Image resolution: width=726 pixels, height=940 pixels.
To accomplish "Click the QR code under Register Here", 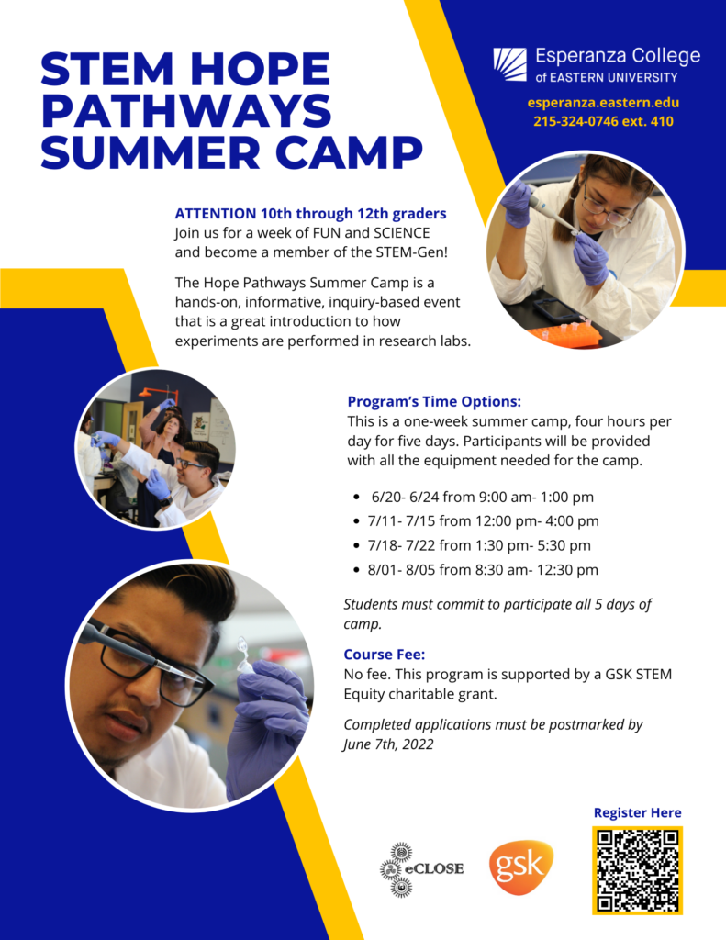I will pos(637,869).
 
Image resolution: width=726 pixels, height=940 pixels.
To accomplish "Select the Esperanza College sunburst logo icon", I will pos(509,65).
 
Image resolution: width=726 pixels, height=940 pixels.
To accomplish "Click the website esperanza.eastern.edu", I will pos(603,103).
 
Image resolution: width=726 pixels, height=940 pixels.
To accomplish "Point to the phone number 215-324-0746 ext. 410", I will pos(603,121).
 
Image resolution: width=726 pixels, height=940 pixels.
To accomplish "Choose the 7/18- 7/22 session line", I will pos(478,545).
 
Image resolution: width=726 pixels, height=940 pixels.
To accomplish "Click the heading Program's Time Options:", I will pos(434,402).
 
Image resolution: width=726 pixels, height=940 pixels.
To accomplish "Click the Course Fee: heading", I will pos(385,655).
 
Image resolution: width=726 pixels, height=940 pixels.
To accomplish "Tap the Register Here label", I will pos(637,812).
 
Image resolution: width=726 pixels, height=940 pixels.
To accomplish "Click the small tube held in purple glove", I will pos(244,655).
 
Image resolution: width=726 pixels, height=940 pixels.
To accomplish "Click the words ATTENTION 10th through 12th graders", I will pos(310,214).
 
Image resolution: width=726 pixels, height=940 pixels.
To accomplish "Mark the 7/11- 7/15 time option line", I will pos(482,521).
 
